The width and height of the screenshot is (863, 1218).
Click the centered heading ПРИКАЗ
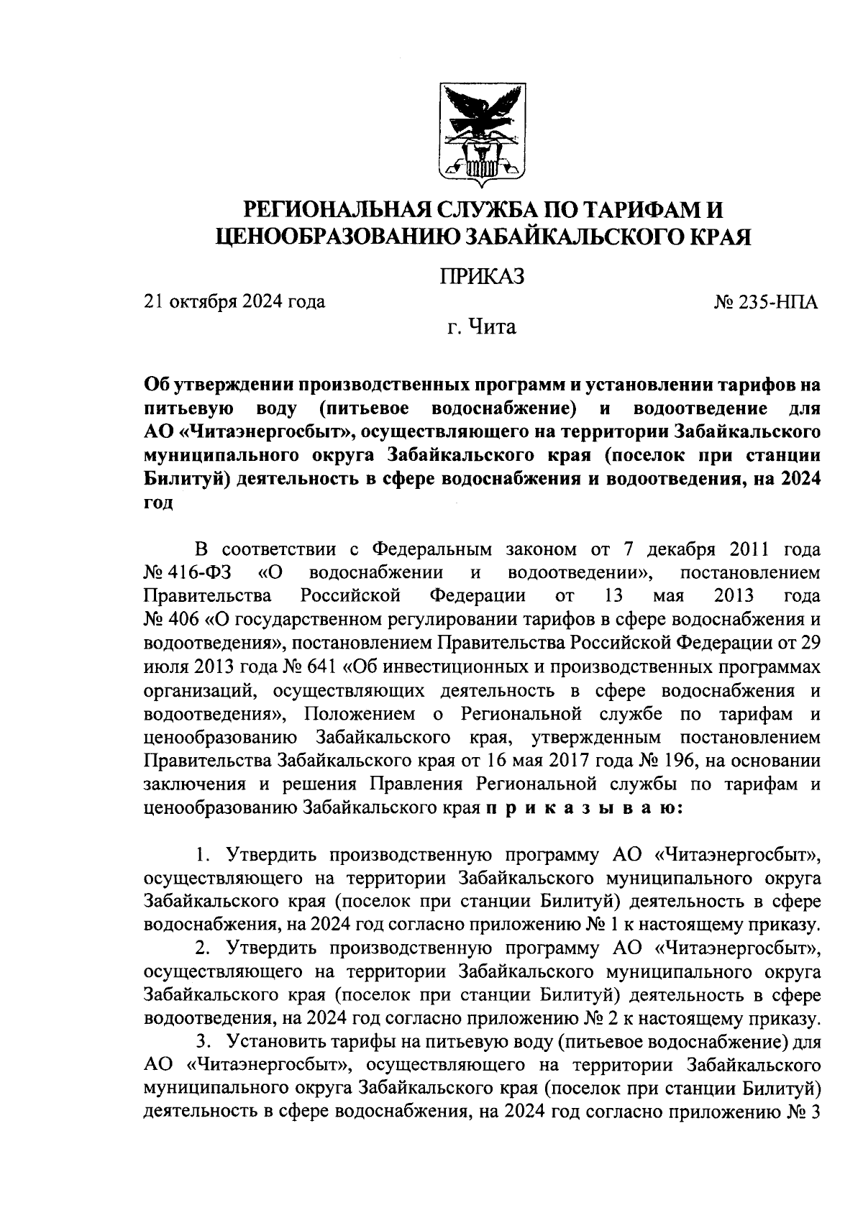pyautogui.click(x=482, y=275)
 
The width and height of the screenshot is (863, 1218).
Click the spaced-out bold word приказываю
pyautogui.click(x=583, y=807)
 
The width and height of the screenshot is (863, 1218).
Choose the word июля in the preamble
pyautogui.click(x=165, y=667)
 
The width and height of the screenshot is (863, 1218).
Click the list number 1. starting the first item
pyautogui.click(x=204, y=855)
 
